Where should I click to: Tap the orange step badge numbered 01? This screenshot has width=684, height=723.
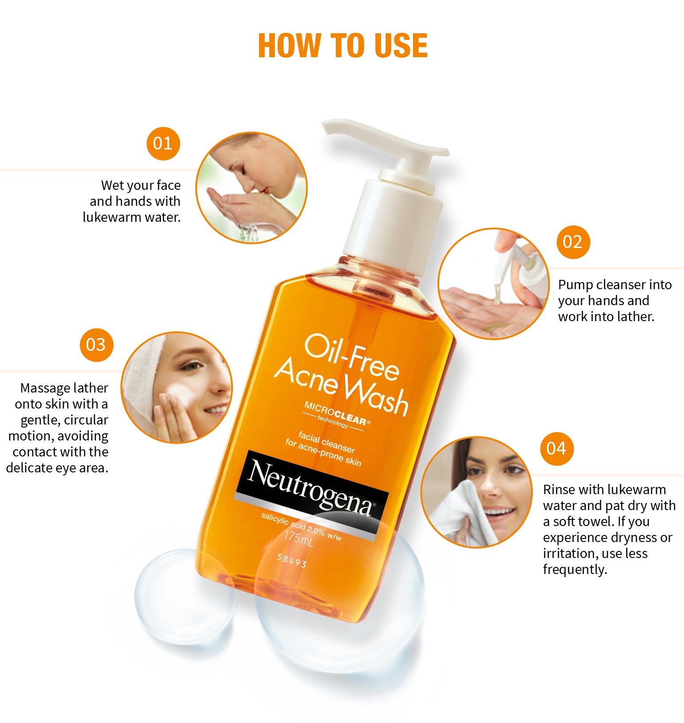(163, 144)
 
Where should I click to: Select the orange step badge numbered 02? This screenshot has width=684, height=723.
(573, 242)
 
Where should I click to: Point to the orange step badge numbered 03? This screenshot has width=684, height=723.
(97, 345)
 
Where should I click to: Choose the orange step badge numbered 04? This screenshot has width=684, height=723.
(557, 448)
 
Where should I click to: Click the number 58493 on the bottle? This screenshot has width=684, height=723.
(291, 560)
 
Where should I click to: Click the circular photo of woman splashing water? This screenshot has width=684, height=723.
(252, 188)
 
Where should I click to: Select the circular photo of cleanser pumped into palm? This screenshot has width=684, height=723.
(494, 284)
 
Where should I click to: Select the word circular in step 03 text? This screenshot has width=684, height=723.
(87, 420)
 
